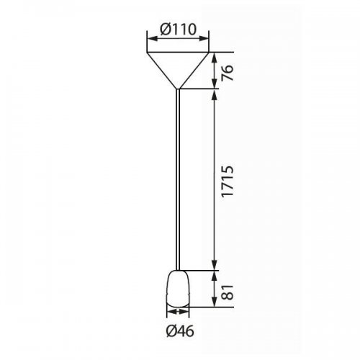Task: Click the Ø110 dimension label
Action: pos(179,30)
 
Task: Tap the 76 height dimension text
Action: pos(227,73)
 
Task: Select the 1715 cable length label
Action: pos(227,181)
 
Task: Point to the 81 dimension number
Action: pos(227,292)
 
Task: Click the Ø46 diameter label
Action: pos(180,331)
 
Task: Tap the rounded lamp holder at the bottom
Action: pos(178,289)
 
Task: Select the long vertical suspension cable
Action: pos(178,179)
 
